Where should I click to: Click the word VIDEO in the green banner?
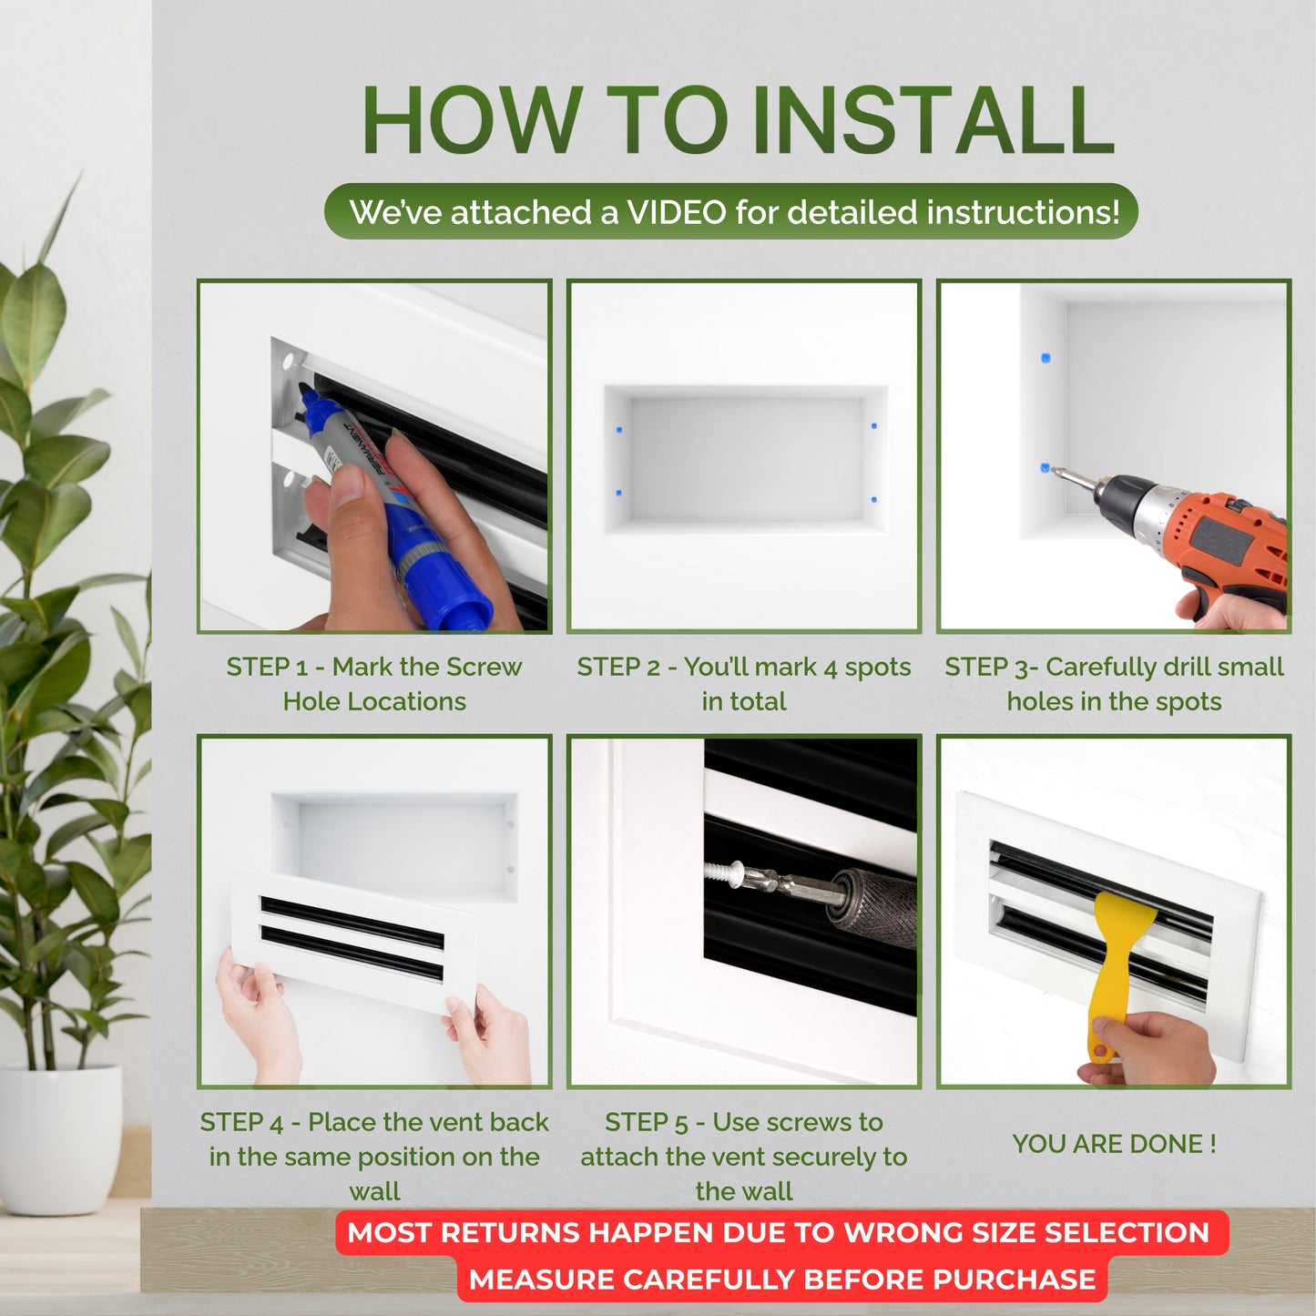coord(677,212)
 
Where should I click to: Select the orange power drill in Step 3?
coord(1202,537)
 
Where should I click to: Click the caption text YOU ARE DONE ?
coord(1114,1144)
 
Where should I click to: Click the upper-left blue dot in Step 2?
coord(619,429)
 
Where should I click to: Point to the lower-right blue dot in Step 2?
coord(873,499)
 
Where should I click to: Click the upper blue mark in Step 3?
coord(1046,357)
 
